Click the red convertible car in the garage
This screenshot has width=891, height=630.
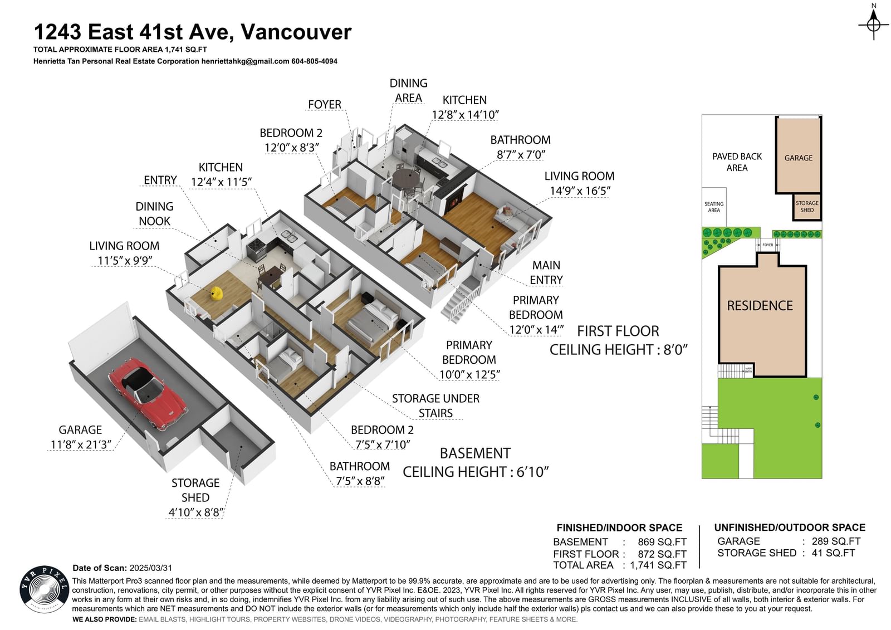pos(148,393)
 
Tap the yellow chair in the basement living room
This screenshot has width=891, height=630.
pos(216,293)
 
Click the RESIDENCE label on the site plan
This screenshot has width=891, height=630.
pos(760,306)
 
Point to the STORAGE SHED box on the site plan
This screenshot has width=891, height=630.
pos(807,207)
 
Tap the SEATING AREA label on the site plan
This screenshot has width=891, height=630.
pos(713,207)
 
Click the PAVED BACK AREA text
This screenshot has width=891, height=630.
pos(737,162)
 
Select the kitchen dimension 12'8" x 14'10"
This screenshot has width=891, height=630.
pos(465,115)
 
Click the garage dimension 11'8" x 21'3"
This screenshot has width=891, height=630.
pos(81,445)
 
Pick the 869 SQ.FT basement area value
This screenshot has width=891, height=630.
pos(662,542)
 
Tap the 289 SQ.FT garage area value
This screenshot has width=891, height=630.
pos(836,541)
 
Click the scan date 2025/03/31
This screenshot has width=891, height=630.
pos(151,568)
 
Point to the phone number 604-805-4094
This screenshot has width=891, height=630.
pos(314,61)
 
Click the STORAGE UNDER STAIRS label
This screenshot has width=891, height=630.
pos(435,406)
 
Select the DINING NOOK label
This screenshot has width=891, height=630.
pos(154,214)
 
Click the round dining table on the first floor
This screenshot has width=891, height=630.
pos(406,178)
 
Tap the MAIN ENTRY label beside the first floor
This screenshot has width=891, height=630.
pos(546,272)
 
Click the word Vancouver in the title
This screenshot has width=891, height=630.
pos(296,32)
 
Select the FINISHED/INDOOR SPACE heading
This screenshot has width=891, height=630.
pos(619,528)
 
